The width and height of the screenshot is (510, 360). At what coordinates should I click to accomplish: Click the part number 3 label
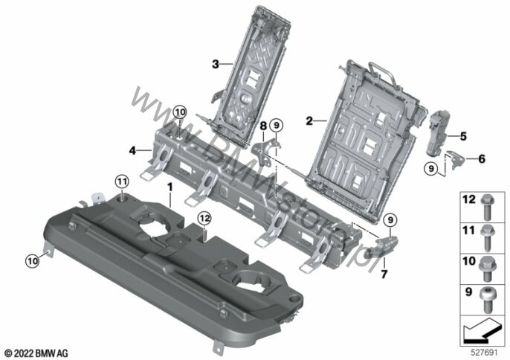(x=216, y=64)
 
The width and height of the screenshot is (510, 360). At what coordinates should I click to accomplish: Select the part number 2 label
(x=309, y=120)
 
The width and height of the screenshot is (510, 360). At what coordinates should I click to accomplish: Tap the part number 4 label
(x=132, y=151)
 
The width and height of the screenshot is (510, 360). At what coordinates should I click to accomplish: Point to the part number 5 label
(x=463, y=136)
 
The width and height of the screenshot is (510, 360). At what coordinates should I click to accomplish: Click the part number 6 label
(x=482, y=159)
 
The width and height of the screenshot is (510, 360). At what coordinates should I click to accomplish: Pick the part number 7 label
(x=384, y=274)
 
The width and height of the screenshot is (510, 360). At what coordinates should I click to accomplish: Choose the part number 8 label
(x=263, y=125)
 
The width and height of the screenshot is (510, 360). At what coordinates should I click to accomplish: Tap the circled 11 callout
(x=122, y=181)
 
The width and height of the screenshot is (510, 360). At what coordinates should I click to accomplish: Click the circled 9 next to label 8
(x=277, y=125)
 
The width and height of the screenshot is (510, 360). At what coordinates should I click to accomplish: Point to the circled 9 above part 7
(x=390, y=220)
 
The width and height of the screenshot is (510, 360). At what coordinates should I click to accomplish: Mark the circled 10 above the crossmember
(x=180, y=112)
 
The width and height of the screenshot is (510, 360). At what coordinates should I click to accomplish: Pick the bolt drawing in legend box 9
(x=486, y=300)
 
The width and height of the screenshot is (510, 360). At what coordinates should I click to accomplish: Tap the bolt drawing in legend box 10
(x=486, y=269)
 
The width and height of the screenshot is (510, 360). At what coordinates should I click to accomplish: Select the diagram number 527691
(x=485, y=353)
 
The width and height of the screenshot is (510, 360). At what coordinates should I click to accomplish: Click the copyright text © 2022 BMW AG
(x=36, y=353)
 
